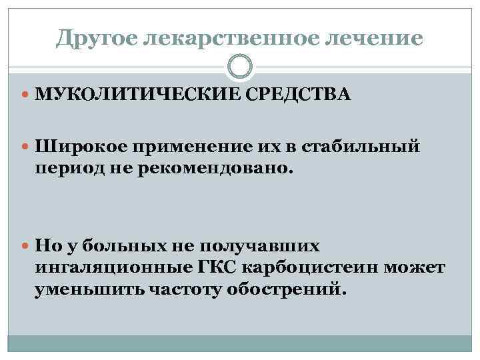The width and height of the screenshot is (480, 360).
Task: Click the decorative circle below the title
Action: click(x=240, y=67)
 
